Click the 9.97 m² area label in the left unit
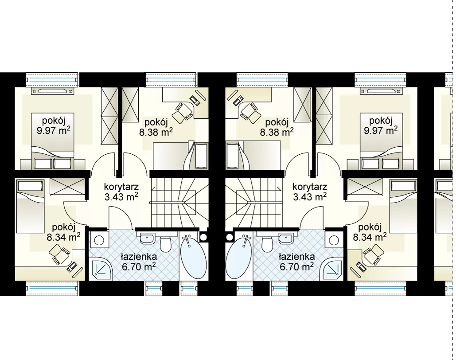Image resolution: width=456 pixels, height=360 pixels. click(54, 131)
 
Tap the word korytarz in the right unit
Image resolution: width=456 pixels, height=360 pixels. click(310, 187)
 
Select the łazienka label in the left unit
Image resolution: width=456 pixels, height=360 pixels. click(139, 257)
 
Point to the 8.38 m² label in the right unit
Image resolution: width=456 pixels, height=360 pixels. click(277, 132)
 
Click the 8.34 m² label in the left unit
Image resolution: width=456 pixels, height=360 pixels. click(64, 237)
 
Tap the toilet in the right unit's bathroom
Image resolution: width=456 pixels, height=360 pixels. click(267, 244)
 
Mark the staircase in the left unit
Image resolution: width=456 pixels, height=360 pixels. click(179, 203)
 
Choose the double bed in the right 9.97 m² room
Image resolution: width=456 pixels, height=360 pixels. click(381, 141)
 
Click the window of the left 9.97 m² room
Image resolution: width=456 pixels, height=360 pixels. click(52, 79)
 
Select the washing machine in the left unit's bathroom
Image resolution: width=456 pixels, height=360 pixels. click(99, 240)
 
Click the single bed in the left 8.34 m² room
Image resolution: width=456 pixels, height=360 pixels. click(30, 206)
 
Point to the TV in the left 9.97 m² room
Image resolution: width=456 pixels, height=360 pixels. click(52, 91)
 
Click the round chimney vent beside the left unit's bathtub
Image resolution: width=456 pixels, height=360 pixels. click(203, 237)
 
